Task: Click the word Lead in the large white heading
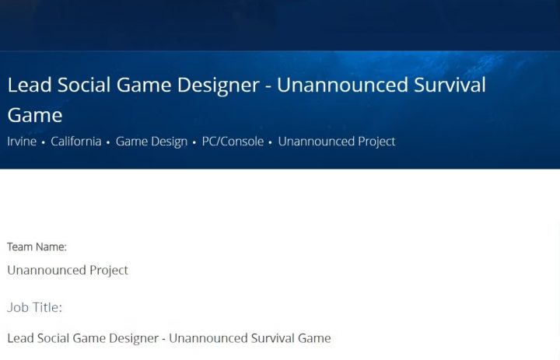coord(30,85)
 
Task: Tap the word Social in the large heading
coord(84,85)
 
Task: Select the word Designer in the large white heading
coord(219,86)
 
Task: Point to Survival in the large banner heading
coord(450,85)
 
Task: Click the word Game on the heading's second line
coord(35,115)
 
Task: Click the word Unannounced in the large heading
coord(342,85)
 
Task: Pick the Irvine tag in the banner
coord(22,142)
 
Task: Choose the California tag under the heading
coord(76,142)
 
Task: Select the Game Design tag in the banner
coord(152,142)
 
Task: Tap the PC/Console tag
coord(233,142)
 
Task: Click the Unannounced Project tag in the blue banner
coord(337,142)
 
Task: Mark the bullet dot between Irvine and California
coord(44,142)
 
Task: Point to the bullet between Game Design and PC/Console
coord(194,142)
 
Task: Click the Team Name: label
coord(37,246)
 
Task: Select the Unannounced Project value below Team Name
coord(68,271)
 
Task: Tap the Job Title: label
coord(35,307)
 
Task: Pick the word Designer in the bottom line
coord(134,338)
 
